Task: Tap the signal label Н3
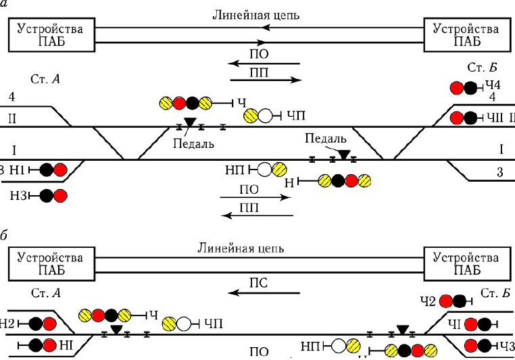point(20,196)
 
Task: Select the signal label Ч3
point(507,346)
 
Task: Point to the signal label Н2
point(7,324)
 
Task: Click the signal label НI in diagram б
point(66,345)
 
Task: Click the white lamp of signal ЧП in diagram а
point(266,116)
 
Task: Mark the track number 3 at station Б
point(499,172)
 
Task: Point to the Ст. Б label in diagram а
point(483,68)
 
